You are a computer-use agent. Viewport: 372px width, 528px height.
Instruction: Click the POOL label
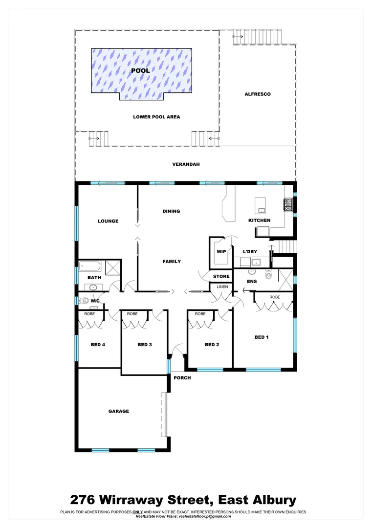pos(141,71)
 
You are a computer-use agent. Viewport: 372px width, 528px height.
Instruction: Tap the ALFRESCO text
pos(258,94)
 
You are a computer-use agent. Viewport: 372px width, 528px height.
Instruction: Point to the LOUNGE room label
pos(108,221)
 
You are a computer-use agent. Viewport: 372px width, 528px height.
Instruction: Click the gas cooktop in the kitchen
pos(288,207)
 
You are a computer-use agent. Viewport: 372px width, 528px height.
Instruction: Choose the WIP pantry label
pos(220,252)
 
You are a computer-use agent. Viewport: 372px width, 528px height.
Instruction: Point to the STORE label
pos(221,277)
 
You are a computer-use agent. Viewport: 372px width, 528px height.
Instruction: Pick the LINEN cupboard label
pos(222,286)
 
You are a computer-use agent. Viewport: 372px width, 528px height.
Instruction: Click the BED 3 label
pos(145,345)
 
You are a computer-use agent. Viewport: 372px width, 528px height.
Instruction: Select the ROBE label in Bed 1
pos(274,297)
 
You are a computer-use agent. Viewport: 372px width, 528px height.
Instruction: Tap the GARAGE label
pos(119,411)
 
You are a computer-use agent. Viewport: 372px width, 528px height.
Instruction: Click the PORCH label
pos(182,378)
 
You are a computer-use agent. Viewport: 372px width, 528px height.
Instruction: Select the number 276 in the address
pos(84,500)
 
